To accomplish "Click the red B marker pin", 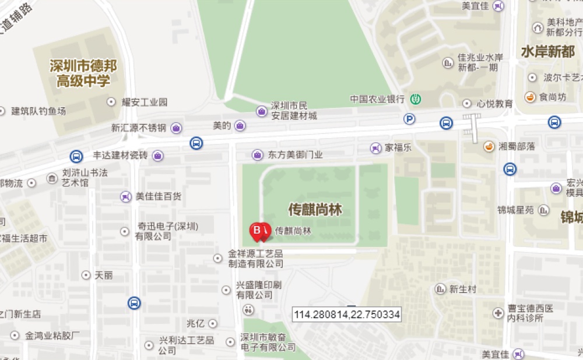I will (257, 231).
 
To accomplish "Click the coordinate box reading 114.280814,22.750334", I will (347, 315).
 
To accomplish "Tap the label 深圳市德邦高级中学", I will (83, 73).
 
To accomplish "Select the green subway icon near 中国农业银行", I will (415, 99).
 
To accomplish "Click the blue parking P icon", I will (410, 119).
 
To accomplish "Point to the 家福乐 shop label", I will (398, 147).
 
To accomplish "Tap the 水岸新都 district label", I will (547, 51).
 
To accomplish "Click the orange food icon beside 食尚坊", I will (531, 97).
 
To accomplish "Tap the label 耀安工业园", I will (144, 102).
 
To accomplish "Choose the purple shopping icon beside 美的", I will (240, 126).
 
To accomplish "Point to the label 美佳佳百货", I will (158, 196).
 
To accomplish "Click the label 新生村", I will (463, 289).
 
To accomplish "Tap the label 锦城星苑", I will (515, 210).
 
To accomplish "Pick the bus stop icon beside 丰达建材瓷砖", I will (76, 156).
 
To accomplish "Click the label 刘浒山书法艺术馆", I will (85, 178).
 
